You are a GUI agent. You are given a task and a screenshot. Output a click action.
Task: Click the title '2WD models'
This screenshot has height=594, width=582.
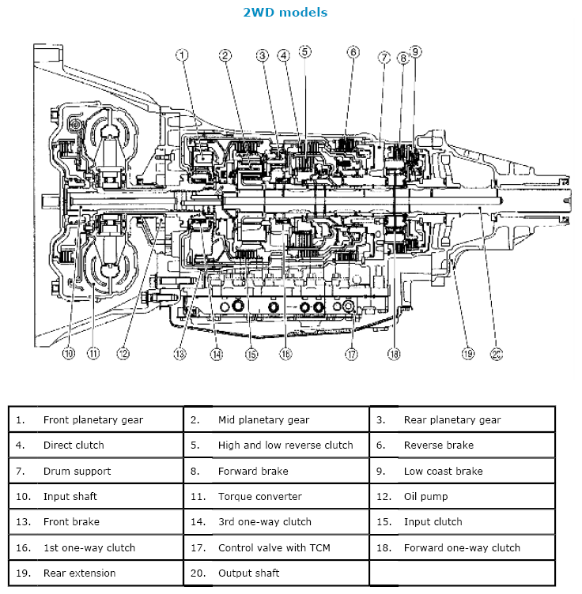coord(285,13)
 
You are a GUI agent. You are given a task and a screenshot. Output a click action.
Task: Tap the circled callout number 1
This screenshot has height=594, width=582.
coord(182,55)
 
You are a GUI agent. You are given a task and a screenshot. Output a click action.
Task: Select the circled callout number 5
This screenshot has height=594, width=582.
coord(305,52)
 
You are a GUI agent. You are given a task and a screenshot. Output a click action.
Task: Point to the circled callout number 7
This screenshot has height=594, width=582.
coord(384,58)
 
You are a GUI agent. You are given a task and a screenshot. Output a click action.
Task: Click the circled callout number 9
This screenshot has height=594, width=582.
coord(416,51)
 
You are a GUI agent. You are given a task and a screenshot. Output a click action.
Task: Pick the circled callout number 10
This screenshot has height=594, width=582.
coord(69,353)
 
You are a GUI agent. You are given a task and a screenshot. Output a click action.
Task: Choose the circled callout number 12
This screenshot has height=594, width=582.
coord(123,353)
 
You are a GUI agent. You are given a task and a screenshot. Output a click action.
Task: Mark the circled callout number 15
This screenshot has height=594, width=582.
coord(251,354)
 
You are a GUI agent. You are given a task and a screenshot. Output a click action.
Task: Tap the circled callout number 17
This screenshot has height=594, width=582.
coord(351,354)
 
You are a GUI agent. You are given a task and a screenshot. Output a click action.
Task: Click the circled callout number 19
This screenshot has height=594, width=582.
coord(468,353)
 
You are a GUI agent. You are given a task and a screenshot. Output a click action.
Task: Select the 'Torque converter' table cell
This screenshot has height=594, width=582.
coord(259,496)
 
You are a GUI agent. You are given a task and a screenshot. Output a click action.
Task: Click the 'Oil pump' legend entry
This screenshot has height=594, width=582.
coord(425,496)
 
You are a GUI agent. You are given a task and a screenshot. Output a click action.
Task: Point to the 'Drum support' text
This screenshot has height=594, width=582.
coord(77,471)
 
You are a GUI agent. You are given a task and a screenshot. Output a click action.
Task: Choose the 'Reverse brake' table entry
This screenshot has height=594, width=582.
coord(438,445)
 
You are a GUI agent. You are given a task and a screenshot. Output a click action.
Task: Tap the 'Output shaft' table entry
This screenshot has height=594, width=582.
coord(248,573)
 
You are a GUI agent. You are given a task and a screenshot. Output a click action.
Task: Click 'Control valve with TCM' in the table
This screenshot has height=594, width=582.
coord(274,547)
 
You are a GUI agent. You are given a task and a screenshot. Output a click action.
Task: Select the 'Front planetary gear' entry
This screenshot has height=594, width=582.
coord(93,419)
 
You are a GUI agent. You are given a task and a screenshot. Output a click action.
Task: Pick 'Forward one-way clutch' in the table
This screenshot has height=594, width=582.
coord(462,547)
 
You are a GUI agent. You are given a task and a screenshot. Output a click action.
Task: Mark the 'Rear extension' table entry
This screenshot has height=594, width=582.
coord(79,573)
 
